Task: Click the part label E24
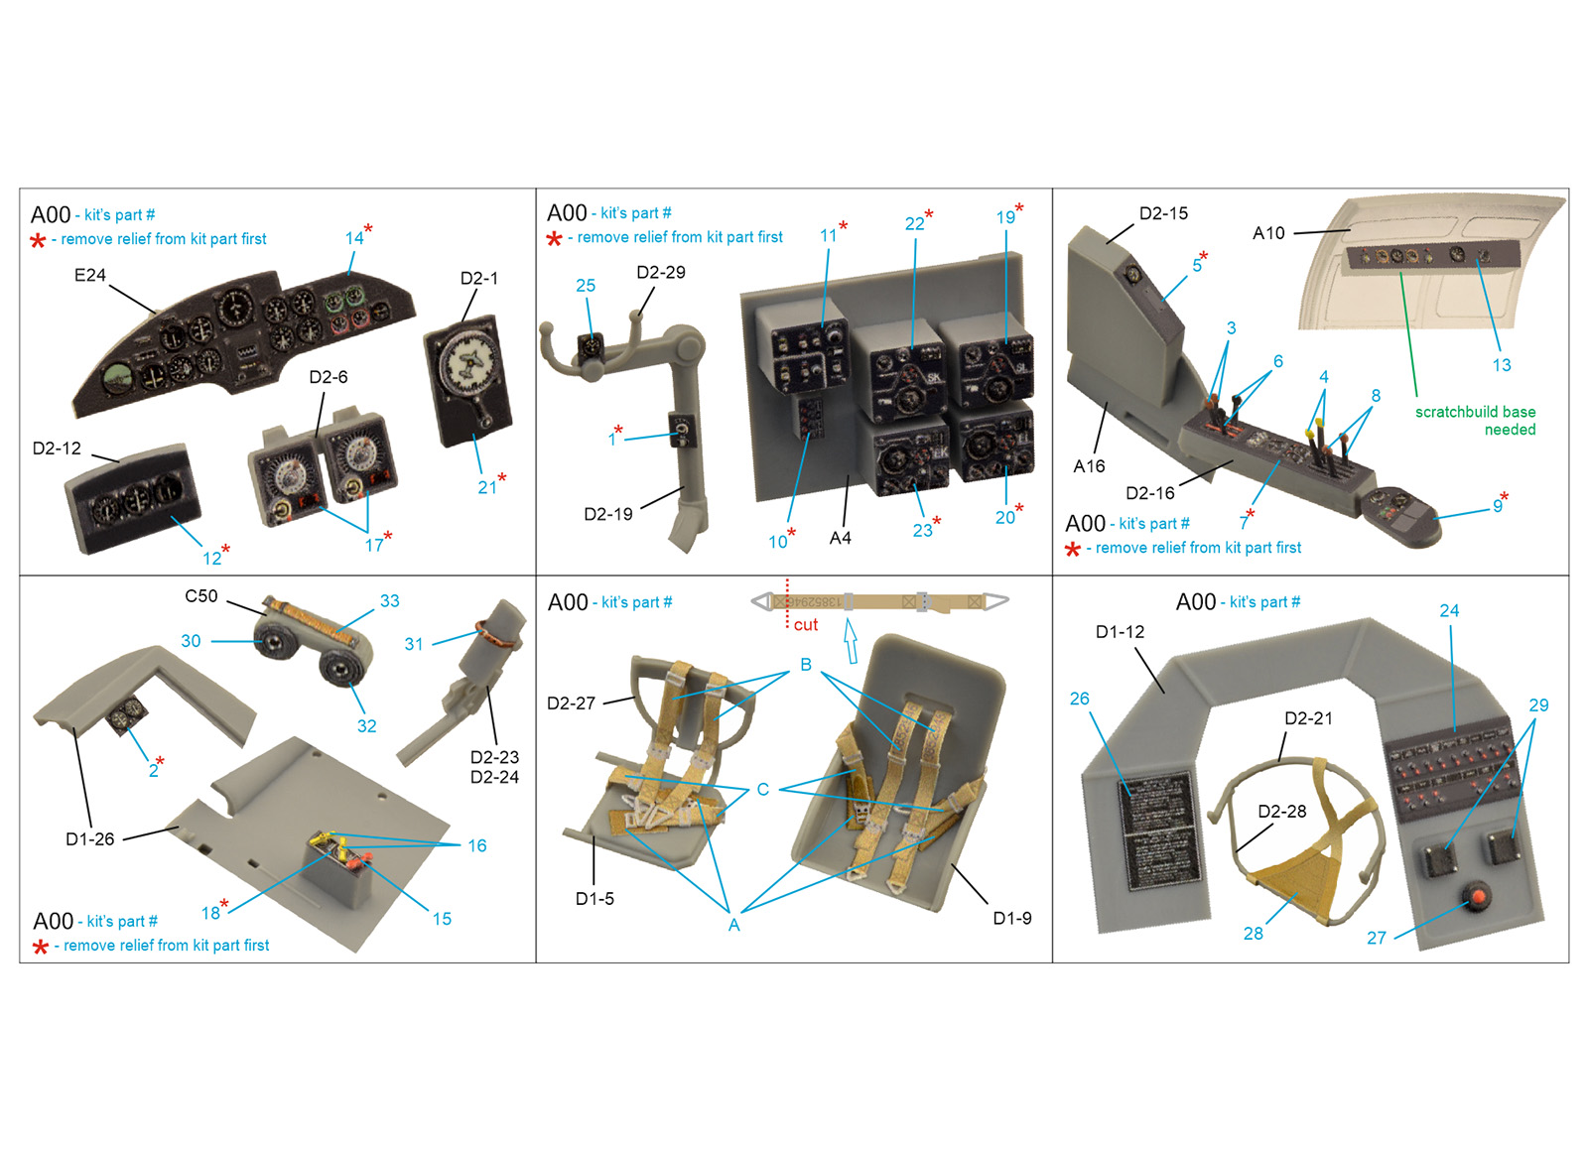coord(90,275)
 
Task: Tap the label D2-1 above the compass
coord(479,279)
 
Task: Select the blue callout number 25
coord(586,286)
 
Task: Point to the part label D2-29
coord(661,272)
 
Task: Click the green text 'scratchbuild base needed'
coord(1475,421)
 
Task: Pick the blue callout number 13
coord(1502,365)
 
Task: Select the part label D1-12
coord(1121,631)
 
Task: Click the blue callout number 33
coord(390,601)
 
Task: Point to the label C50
coord(201,596)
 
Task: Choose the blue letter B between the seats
coord(806,665)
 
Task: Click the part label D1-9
coord(1012,919)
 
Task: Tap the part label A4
coord(840,539)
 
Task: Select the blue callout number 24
coord(1449,611)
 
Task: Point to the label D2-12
coord(57,448)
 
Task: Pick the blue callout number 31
coord(414,644)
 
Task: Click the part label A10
coord(1269,233)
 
